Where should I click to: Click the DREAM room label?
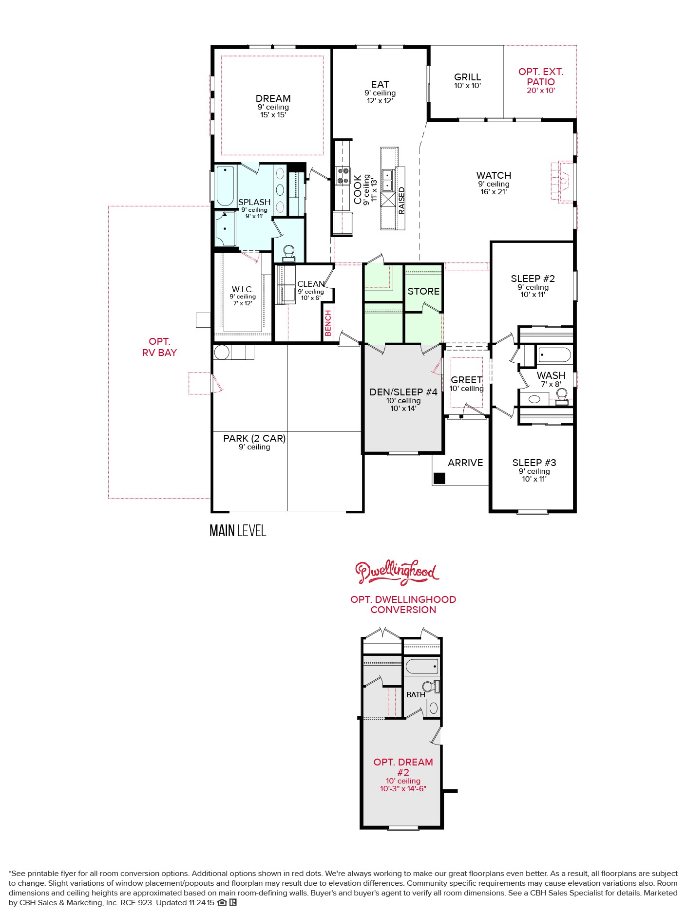coord(273,99)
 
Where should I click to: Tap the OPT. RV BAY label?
coord(159,347)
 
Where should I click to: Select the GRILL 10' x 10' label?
coord(467,80)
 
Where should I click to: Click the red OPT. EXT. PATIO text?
coord(541,77)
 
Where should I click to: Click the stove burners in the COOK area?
coord(343,176)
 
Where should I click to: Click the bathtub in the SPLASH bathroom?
coord(225,186)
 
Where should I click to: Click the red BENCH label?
coord(328,323)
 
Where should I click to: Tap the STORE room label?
coord(423,291)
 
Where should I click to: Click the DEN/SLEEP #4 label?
coord(403,392)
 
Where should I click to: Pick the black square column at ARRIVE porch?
coord(439,478)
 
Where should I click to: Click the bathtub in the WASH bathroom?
coord(554,355)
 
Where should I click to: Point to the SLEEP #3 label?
coord(534,463)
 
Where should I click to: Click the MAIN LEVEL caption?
coord(238,531)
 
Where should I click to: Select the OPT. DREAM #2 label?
coord(403,767)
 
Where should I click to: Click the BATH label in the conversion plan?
coord(416,695)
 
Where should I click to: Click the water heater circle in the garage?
coord(222,352)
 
